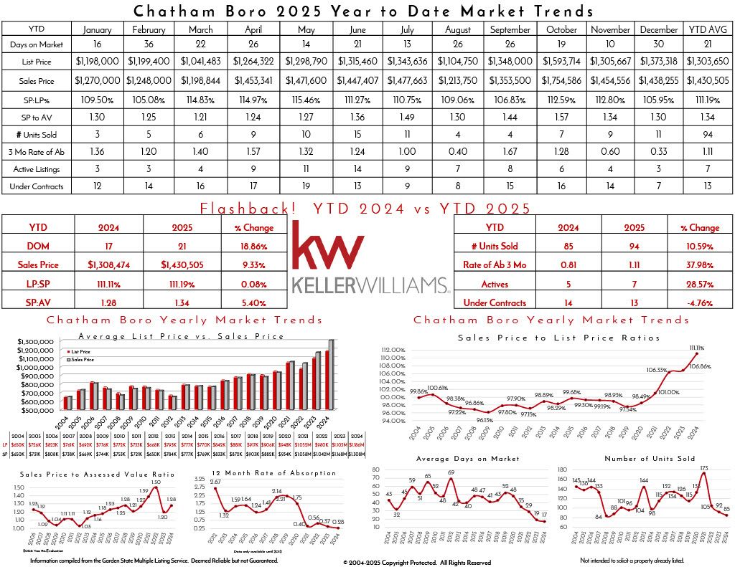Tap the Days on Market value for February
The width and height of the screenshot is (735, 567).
pyautogui.click(x=149, y=44)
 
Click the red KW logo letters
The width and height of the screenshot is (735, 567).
pyautogui.click(x=327, y=247)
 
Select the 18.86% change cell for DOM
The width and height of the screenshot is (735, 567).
pyautogui.click(x=253, y=246)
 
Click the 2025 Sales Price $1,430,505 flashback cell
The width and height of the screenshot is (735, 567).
pyautogui.click(x=182, y=265)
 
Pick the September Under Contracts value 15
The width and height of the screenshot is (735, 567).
pyautogui.click(x=510, y=186)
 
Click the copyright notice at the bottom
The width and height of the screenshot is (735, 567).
pyautogui.click(x=416, y=562)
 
